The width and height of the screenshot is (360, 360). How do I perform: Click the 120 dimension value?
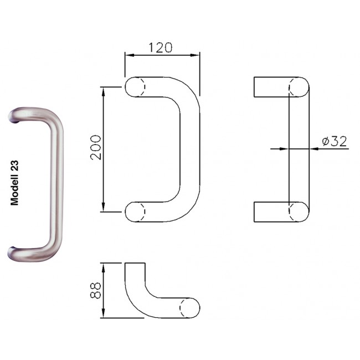[160, 48]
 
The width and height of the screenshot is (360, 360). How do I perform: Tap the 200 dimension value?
[96, 148]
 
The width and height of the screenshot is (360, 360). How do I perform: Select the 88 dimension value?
[95, 290]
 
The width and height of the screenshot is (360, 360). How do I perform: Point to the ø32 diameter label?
[335, 141]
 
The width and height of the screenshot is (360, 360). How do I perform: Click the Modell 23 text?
[14, 183]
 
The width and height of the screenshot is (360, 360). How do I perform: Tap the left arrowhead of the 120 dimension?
[130, 55]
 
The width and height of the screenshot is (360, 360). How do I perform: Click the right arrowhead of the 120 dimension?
[195, 55]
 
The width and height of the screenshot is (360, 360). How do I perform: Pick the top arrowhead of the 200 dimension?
[104, 91]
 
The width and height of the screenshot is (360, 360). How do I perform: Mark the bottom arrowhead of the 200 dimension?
[104, 207]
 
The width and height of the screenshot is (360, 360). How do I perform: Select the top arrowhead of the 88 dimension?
[104, 268]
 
